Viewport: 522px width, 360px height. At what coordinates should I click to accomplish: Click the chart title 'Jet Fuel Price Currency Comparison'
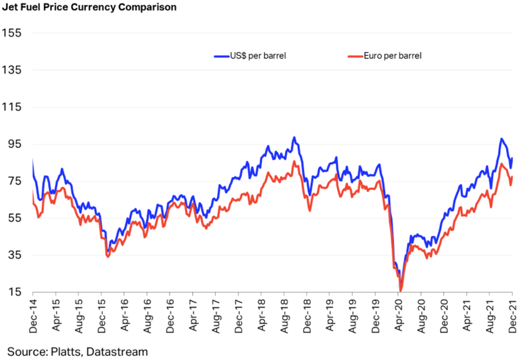tap(89, 8)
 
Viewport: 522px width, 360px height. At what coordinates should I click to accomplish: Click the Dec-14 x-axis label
tap(33, 316)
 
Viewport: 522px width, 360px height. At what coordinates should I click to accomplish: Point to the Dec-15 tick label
tap(102, 316)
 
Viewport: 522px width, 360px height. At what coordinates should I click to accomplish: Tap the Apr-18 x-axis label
tap(263, 316)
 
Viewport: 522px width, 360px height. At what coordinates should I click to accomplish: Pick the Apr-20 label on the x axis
tap(400, 316)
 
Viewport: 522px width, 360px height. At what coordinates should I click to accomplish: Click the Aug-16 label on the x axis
tap(148, 316)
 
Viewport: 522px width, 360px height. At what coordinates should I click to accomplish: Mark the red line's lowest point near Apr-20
tap(401, 291)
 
